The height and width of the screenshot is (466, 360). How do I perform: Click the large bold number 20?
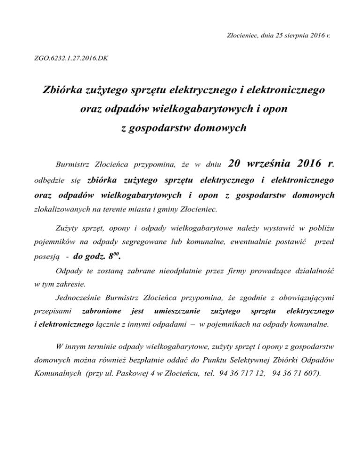[x=236, y=164]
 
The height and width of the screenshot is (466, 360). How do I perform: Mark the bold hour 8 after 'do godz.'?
[x=109, y=256]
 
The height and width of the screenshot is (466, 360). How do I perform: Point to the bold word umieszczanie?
[x=178, y=311]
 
